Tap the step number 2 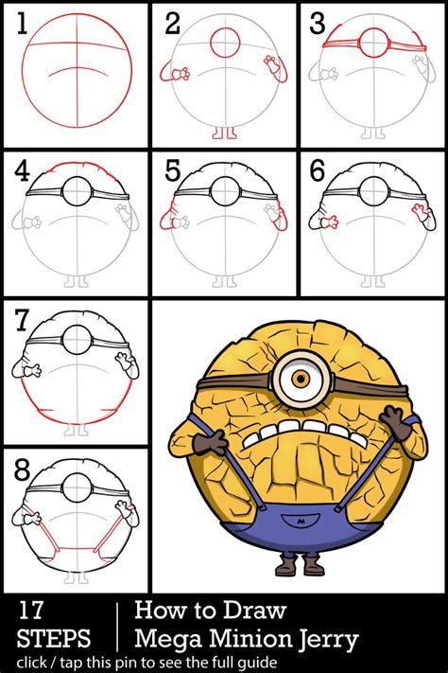point(172,24)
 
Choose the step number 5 point(172,171)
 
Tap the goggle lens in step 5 point(226,191)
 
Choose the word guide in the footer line point(255,661)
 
